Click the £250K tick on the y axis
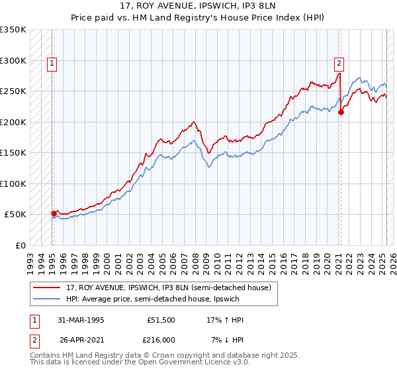click(x=13, y=91)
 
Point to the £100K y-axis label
click(x=13, y=184)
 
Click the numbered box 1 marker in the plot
click(x=52, y=64)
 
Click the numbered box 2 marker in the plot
click(x=338, y=64)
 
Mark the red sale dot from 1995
click(x=54, y=213)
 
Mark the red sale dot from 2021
click(x=341, y=113)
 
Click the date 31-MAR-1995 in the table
click(x=78, y=320)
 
